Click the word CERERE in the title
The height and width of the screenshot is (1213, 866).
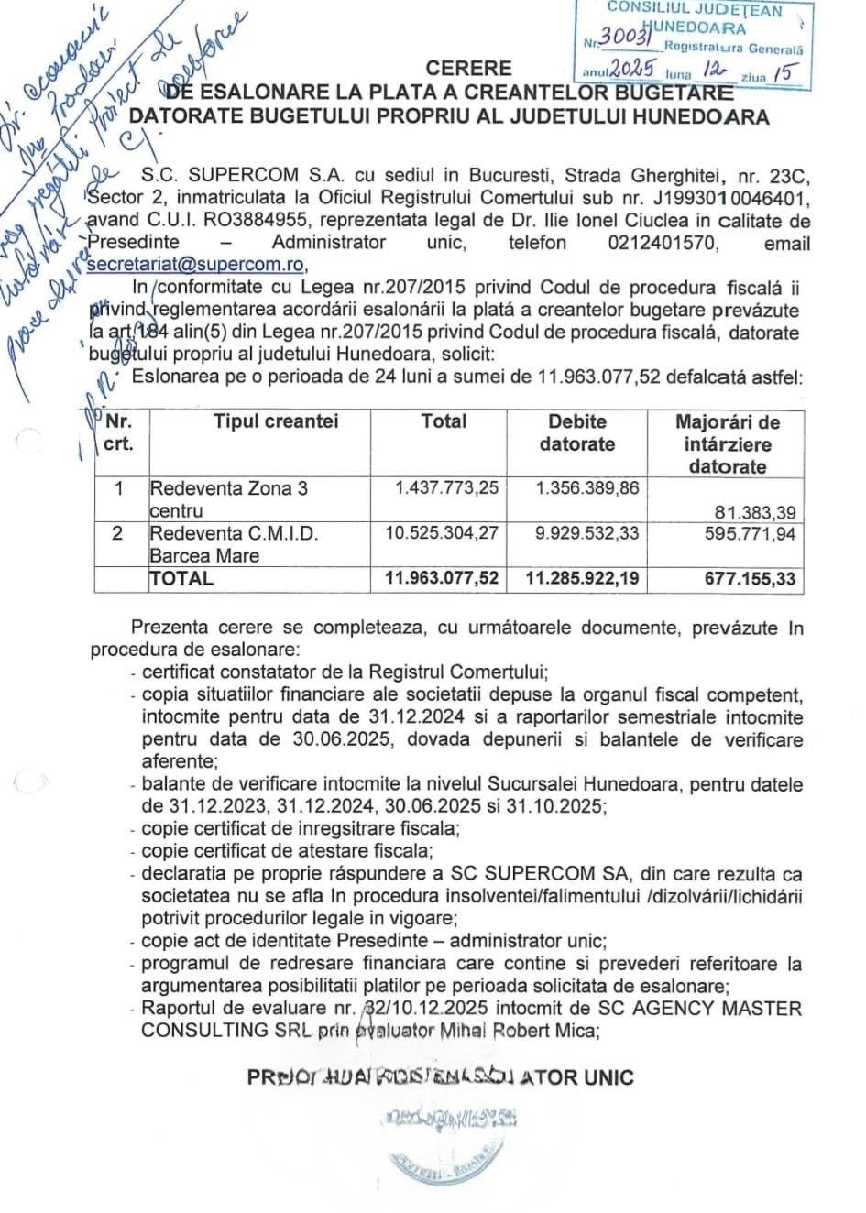coord(468,69)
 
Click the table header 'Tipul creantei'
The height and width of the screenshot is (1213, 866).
coord(276,422)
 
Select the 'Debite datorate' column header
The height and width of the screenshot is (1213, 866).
coord(576,433)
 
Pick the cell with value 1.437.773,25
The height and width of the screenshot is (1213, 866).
coord(447,488)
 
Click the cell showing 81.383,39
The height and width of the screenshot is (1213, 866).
coord(756,510)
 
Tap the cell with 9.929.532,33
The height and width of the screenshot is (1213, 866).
coord(587,532)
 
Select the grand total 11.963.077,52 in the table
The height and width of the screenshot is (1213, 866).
coord(442,578)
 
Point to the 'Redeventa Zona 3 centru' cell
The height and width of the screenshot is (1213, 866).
coord(228,498)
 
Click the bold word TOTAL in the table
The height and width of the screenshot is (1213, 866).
coord(181,579)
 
